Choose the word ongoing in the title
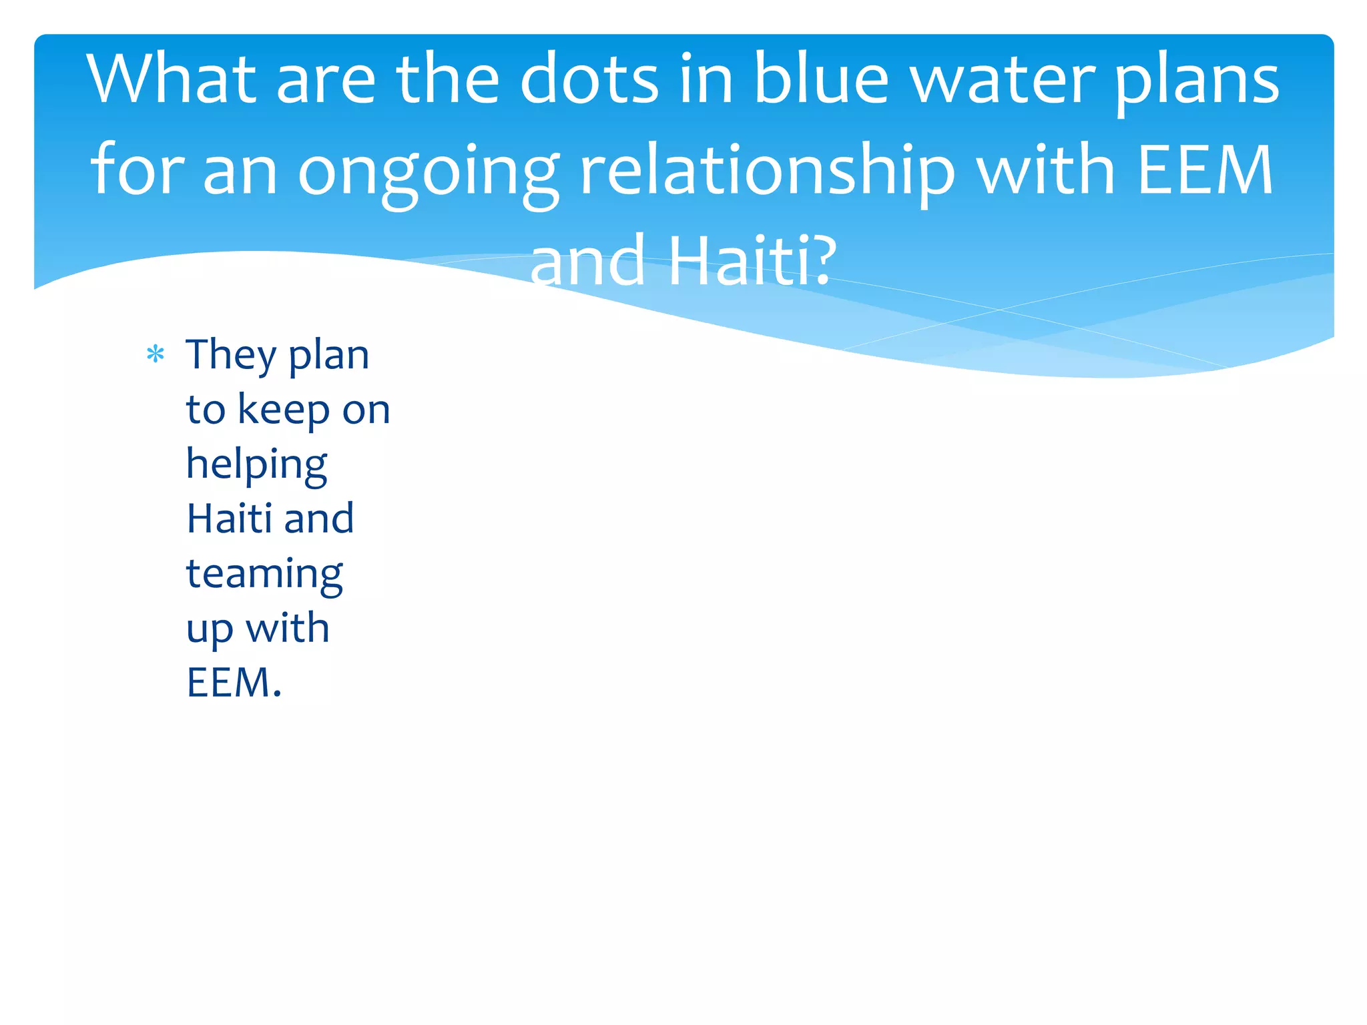tap(428, 172)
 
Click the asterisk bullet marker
tap(155, 354)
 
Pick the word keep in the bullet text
tap(284, 410)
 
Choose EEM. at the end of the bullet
tap(234, 682)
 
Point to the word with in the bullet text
tap(288, 628)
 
